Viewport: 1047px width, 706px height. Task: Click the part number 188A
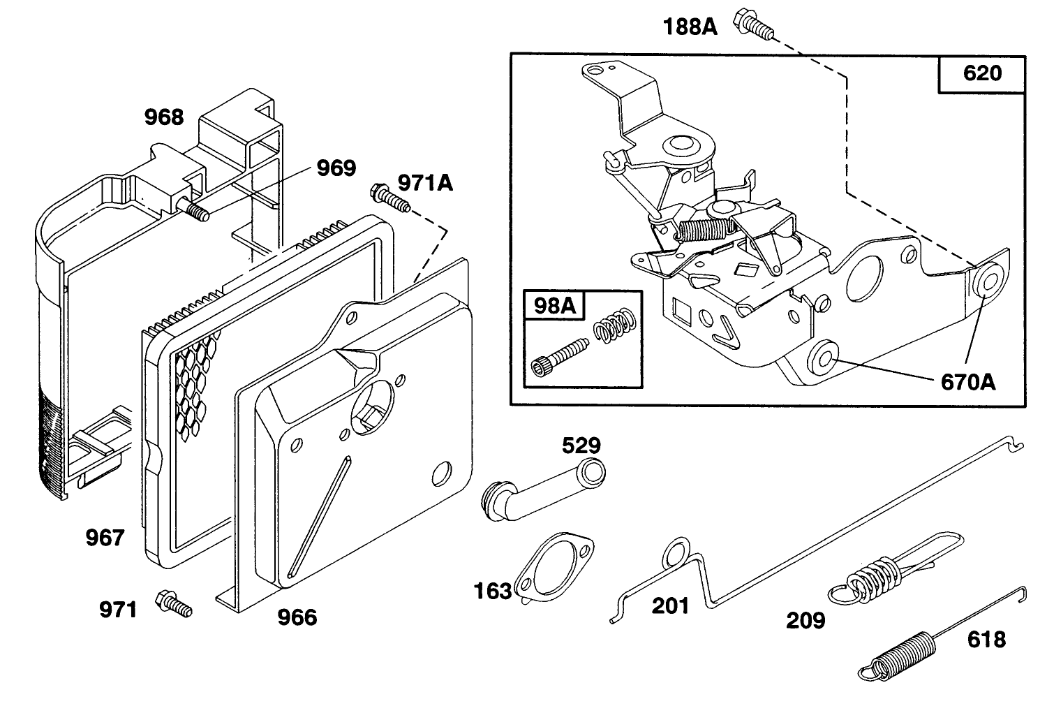click(x=690, y=27)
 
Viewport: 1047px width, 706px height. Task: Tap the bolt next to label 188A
click(x=753, y=24)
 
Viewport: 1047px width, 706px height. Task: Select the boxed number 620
click(x=983, y=73)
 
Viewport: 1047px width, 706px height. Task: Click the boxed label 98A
click(x=555, y=306)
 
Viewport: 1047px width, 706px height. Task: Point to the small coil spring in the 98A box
click(x=615, y=325)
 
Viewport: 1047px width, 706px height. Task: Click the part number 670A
click(x=968, y=382)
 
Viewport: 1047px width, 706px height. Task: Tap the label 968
click(x=163, y=117)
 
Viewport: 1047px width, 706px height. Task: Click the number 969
click(x=336, y=168)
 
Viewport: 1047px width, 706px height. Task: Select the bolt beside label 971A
click(x=390, y=199)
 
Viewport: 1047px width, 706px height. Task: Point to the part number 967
click(x=105, y=538)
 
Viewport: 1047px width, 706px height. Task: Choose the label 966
click(x=297, y=617)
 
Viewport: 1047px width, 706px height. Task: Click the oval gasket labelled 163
click(x=554, y=567)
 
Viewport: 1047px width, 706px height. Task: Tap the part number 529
click(x=581, y=446)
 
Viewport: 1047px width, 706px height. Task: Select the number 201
click(x=670, y=606)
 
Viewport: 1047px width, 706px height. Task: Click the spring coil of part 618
click(x=898, y=655)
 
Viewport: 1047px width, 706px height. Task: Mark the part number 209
click(x=805, y=621)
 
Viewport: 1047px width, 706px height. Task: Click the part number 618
click(x=986, y=640)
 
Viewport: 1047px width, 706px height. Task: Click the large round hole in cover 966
click(x=372, y=406)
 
